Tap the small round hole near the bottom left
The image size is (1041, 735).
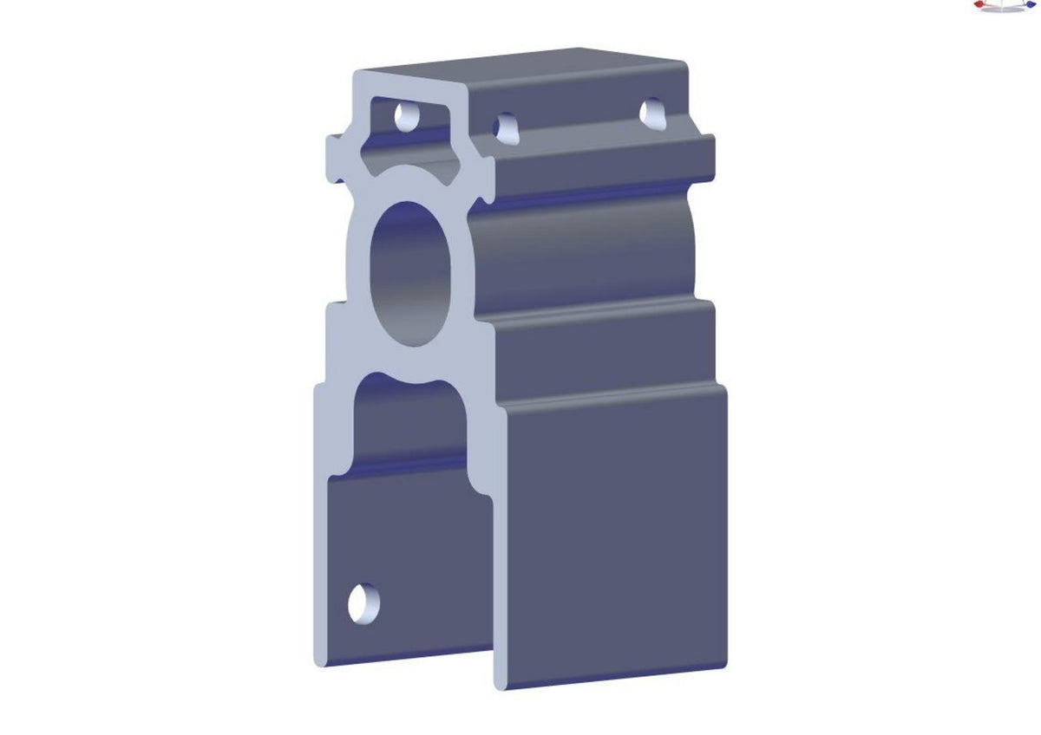(x=363, y=602)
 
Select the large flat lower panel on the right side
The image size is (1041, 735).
(x=612, y=537)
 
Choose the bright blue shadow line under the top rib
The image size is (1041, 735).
(x=599, y=192)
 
